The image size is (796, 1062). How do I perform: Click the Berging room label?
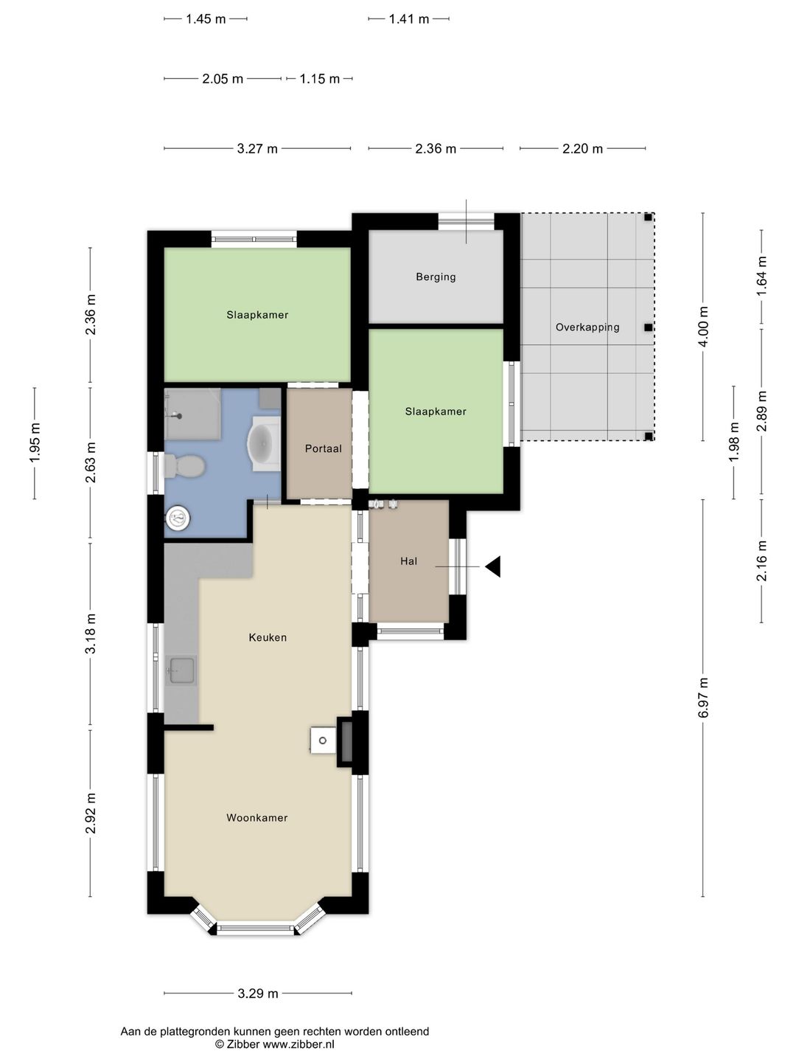point(436,277)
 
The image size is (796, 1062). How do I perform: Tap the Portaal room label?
point(323,448)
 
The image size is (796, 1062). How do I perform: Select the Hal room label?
point(408,560)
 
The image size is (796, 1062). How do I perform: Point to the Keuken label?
point(268,637)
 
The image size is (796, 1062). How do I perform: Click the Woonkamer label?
point(256,817)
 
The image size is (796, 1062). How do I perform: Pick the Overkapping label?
point(587,327)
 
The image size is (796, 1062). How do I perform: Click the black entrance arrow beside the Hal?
point(493,566)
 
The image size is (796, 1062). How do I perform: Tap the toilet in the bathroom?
point(184,466)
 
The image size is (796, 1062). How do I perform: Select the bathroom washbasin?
point(264,443)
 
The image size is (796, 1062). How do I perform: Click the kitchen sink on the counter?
point(181,670)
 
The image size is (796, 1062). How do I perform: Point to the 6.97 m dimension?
point(703,697)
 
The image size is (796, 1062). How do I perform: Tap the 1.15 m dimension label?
point(319,78)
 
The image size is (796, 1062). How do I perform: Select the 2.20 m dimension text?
point(582,148)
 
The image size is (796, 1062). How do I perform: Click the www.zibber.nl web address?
point(298,1044)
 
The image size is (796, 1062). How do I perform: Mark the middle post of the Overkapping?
point(648,327)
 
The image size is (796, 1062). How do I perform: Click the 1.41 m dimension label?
point(409,19)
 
